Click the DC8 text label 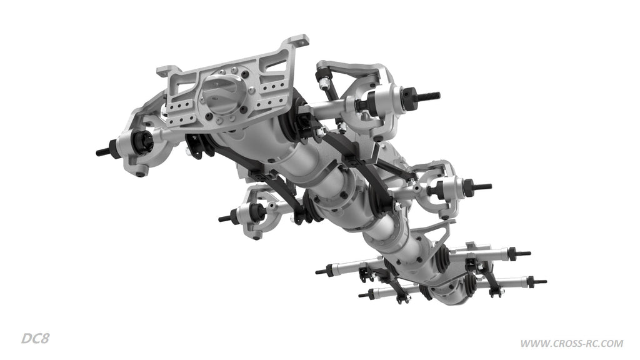(35, 338)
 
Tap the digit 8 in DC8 (45, 338)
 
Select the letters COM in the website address (612, 344)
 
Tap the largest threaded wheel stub (427, 96)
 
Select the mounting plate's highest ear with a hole (297, 41)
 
